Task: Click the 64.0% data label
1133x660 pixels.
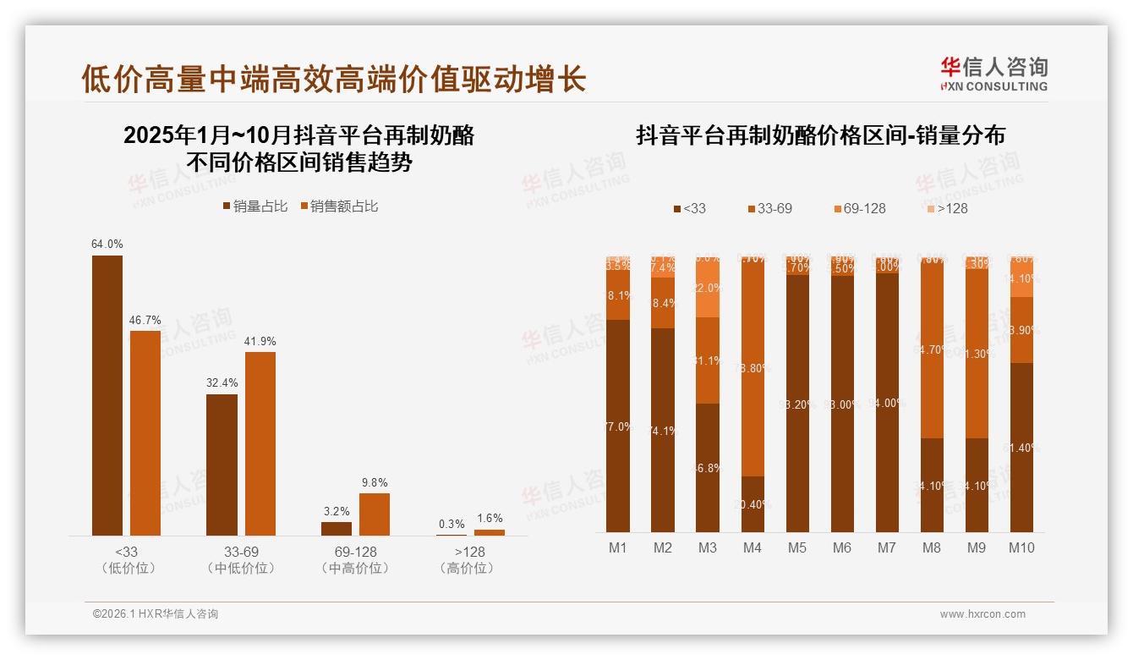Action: (107, 245)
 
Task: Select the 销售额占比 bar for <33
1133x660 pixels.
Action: (145, 432)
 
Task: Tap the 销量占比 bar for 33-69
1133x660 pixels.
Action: (222, 465)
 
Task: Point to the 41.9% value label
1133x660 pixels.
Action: (260, 341)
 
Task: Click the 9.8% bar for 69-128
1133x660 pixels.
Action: (375, 514)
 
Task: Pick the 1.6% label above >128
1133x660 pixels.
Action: (489, 519)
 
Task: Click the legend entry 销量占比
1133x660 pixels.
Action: (255, 206)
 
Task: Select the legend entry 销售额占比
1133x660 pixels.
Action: (339, 206)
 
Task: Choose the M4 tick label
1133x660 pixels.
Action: (753, 548)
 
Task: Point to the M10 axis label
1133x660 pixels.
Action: (1021, 548)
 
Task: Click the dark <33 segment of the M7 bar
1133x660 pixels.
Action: (886, 402)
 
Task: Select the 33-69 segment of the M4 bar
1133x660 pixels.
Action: (753, 368)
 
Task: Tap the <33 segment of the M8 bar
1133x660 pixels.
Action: (931, 485)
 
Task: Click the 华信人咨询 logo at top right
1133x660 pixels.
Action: (993, 74)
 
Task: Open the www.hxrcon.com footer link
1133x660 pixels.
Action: (982, 614)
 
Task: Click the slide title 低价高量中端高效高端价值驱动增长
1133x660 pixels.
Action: (333, 80)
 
